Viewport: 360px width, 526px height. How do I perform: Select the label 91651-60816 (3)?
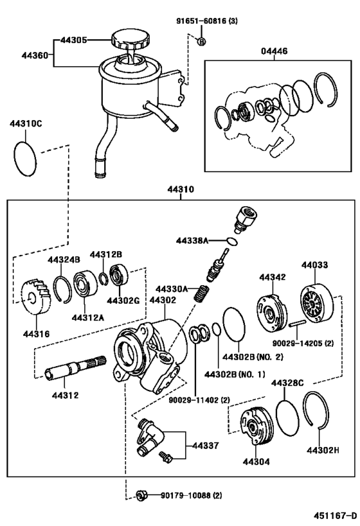pos(207,21)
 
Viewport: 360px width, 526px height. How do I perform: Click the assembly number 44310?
pos(181,190)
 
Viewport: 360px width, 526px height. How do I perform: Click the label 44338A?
pos(193,241)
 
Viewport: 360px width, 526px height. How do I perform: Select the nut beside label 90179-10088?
pos(143,495)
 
